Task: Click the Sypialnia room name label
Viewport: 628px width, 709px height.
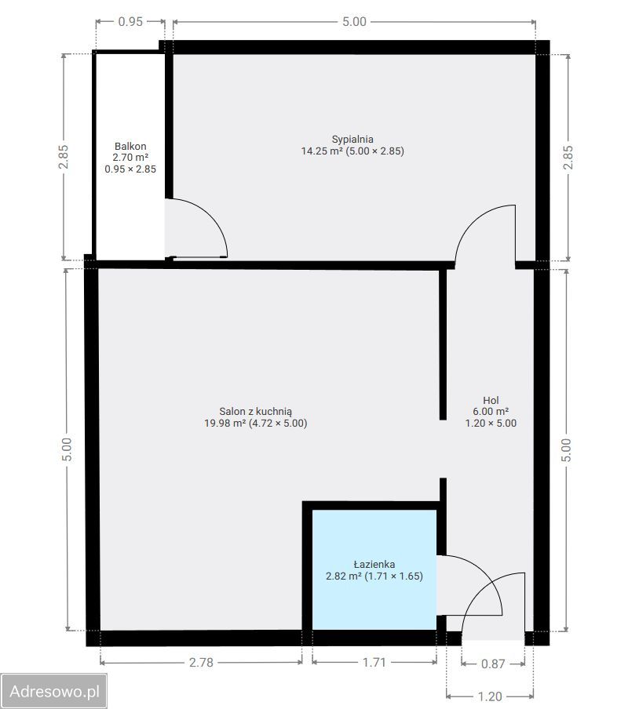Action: point(352,140)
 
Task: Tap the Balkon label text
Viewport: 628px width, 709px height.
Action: point(130,146)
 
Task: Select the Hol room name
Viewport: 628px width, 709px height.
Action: point(491,400)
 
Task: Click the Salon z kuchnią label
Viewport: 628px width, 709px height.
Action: point(256,412)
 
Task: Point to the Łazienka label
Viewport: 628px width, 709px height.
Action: point(374,565)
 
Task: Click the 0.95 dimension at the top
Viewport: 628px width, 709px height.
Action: point(130,21)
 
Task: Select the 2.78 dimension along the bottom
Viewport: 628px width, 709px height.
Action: point(201,663)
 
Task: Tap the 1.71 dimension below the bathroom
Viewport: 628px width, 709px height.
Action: point(374,663)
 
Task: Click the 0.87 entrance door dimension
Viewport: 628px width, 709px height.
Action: point(493,664)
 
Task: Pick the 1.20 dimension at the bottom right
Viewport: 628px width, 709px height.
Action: point(490,696)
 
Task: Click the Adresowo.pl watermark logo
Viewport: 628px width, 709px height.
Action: point(54,692)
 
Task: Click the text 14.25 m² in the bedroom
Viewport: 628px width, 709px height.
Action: point(322,151)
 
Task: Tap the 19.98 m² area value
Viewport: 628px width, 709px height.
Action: point(225,424)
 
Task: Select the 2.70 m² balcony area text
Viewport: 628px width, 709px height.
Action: point(130,158)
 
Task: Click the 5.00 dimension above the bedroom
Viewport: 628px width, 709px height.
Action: point(354,21)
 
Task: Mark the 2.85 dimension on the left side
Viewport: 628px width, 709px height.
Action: point(64,157)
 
